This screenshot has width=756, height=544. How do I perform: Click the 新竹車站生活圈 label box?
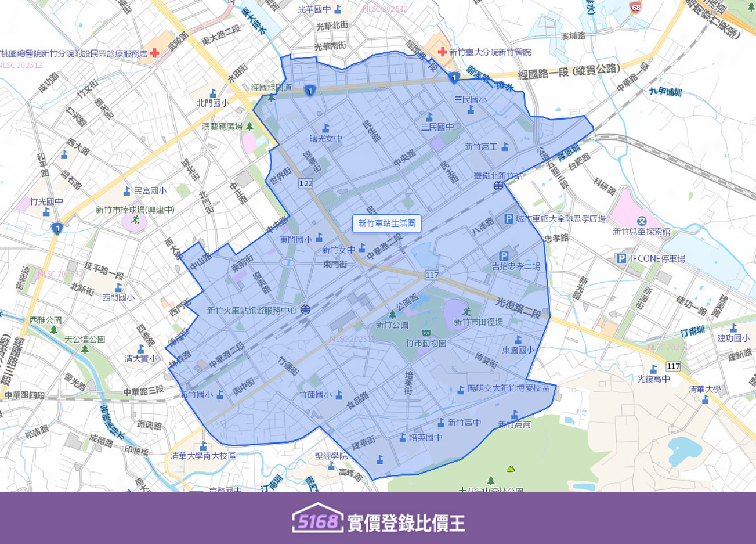[x=386, y=224]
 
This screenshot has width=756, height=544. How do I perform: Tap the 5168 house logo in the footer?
[x=317, y=519]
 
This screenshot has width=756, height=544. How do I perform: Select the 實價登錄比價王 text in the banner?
[x=406, y=523]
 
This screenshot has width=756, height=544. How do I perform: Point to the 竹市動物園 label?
[x=426, y=343]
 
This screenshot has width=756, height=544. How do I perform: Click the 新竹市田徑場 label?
[x=478, y=322]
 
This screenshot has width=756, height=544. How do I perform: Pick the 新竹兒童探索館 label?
[x=641, y=232]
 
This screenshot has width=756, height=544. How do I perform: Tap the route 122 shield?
[x=306, y=183]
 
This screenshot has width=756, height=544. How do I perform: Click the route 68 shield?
[x=636, y=8]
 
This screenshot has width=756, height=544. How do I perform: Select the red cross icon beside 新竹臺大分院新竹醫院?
[x=442, y=52]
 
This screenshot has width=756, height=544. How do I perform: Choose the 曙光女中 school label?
[x=325, y=138]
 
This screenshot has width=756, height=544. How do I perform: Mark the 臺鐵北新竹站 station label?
[x=498, y=175]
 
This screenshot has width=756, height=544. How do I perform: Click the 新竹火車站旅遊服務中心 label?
[x=252, y=311]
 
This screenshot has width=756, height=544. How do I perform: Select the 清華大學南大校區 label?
[x=203, y=456]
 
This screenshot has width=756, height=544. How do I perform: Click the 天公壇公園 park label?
[x=85, y=339]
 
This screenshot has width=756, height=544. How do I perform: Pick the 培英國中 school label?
[x=426, y=438]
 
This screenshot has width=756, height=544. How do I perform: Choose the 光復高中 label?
[x=653, y=379]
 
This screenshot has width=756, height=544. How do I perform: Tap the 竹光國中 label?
[x=46, y=202]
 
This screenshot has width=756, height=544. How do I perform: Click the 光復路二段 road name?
[x=518, y=308]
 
